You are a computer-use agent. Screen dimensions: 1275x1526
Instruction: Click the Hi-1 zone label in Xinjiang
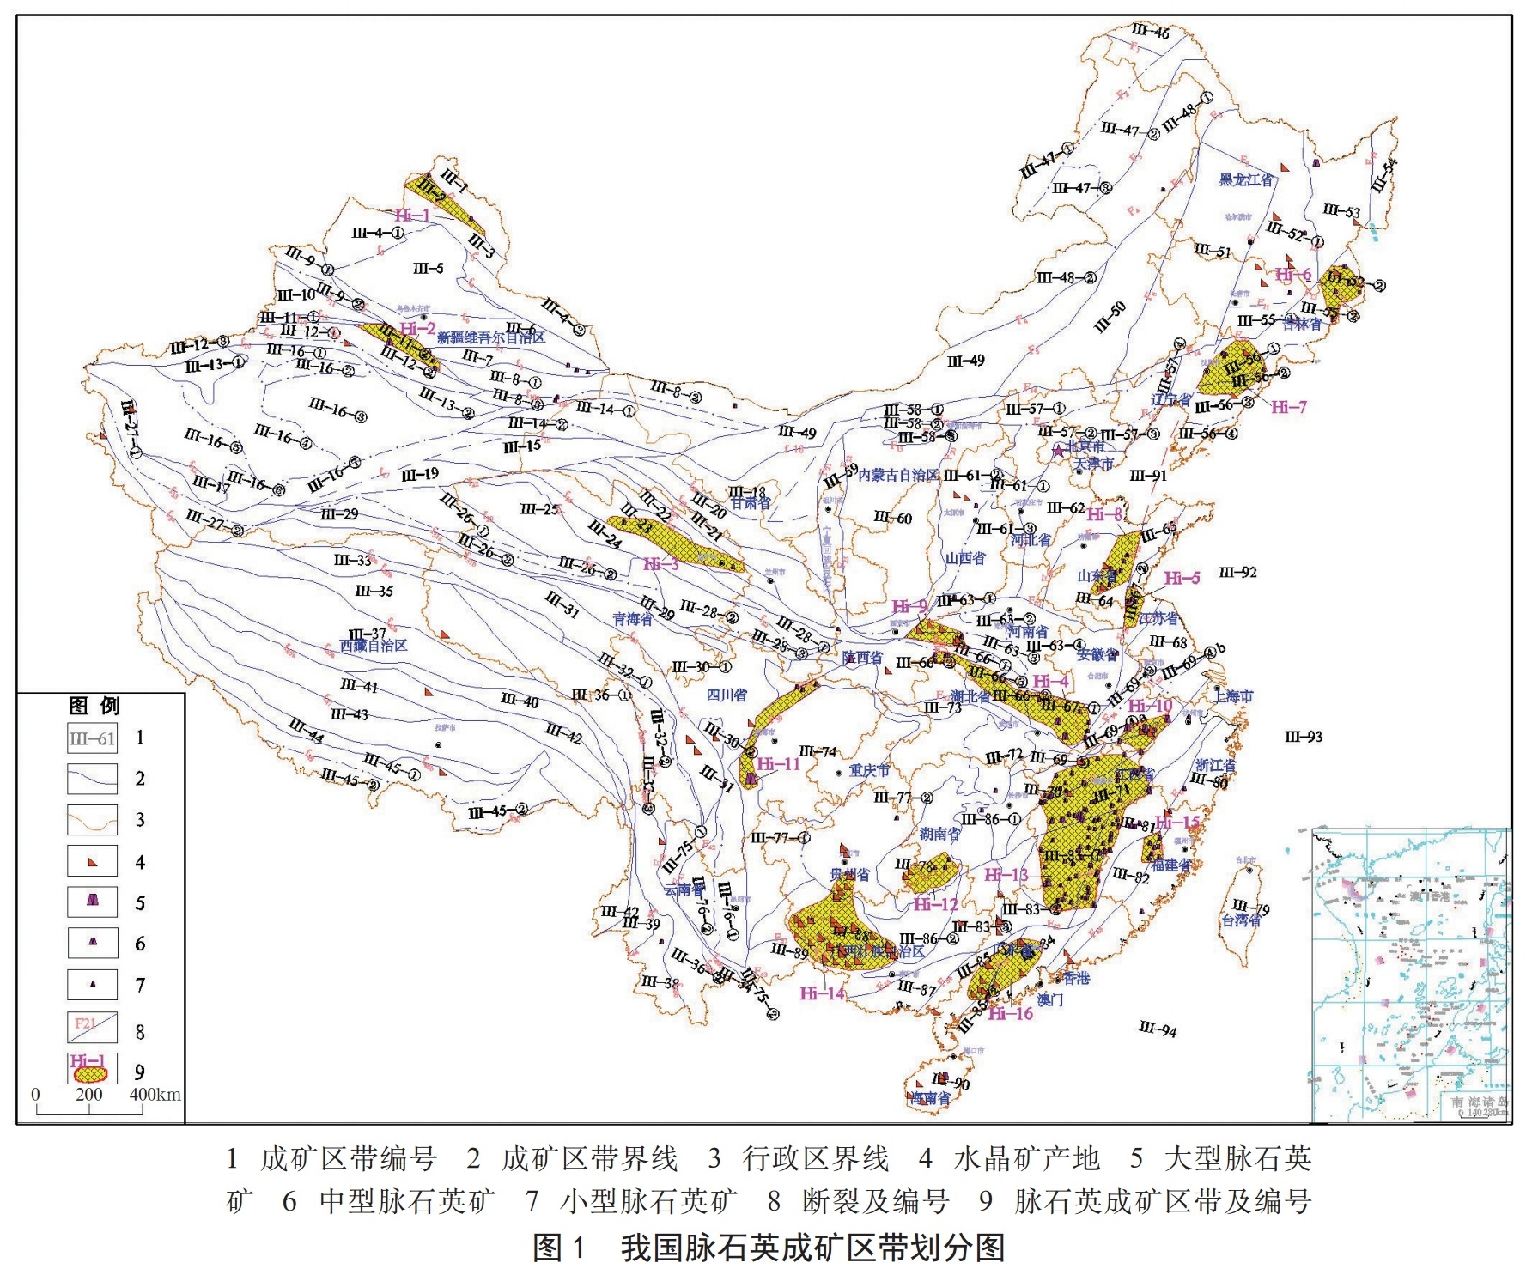(x=412, y=216)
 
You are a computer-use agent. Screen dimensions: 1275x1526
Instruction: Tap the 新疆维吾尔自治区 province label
(x=490, y=337)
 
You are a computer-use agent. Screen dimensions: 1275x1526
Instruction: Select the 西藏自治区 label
(x=374, y=646)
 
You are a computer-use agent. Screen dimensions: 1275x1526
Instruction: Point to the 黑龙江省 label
(x=1246, y=179)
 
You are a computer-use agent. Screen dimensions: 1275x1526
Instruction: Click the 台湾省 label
(x=1242, y=920)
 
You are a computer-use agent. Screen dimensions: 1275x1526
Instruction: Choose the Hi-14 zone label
(x=823, y=993)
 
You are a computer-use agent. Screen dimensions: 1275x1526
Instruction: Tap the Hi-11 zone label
(x=778, y=763)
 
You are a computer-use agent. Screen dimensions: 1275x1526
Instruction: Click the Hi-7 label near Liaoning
(x=1289, y=407)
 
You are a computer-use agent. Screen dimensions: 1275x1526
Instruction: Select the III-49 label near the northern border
(x=966, y=361)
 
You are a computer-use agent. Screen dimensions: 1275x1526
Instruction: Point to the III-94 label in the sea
(x=1158, y=1029)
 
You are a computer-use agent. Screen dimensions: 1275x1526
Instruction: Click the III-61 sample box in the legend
(x=92, y=738)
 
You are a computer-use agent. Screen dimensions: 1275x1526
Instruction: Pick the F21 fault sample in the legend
(x=92, y=1026)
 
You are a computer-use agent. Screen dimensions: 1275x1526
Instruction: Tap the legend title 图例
(x=94, y=706)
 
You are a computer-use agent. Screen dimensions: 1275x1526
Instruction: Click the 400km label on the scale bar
(x=155, y=1095)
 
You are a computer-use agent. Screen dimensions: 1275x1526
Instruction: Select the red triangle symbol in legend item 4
(x=93, y=862)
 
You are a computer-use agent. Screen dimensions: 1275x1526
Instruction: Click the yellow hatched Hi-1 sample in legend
(x=91, y=1072)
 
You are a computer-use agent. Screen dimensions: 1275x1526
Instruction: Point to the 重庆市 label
(x=869, y=771)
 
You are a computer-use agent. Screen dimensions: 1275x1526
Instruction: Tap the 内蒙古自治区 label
(x=898, y=475)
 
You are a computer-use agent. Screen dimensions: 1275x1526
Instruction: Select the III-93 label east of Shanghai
(x=1303, y=736)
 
